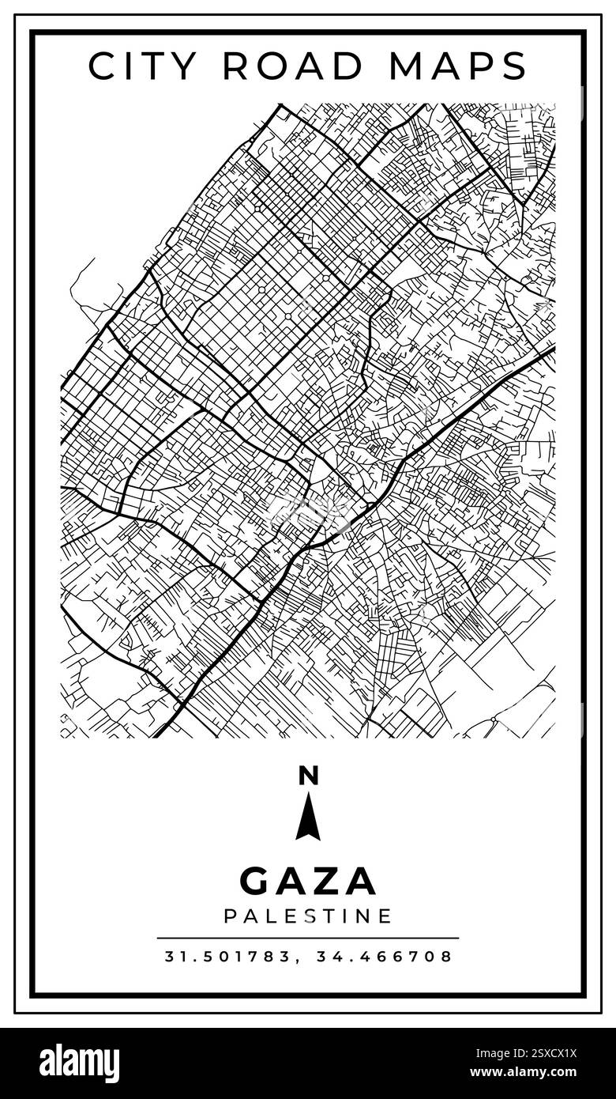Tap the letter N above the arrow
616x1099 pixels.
[308, 776]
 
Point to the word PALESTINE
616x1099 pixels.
[308, 916]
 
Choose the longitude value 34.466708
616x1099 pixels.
[385, 957]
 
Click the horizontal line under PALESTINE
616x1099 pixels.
[308, 938]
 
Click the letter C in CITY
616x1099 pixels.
[100, 66]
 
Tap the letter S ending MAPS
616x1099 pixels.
[516, 66]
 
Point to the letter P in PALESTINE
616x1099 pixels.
[230, 916]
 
